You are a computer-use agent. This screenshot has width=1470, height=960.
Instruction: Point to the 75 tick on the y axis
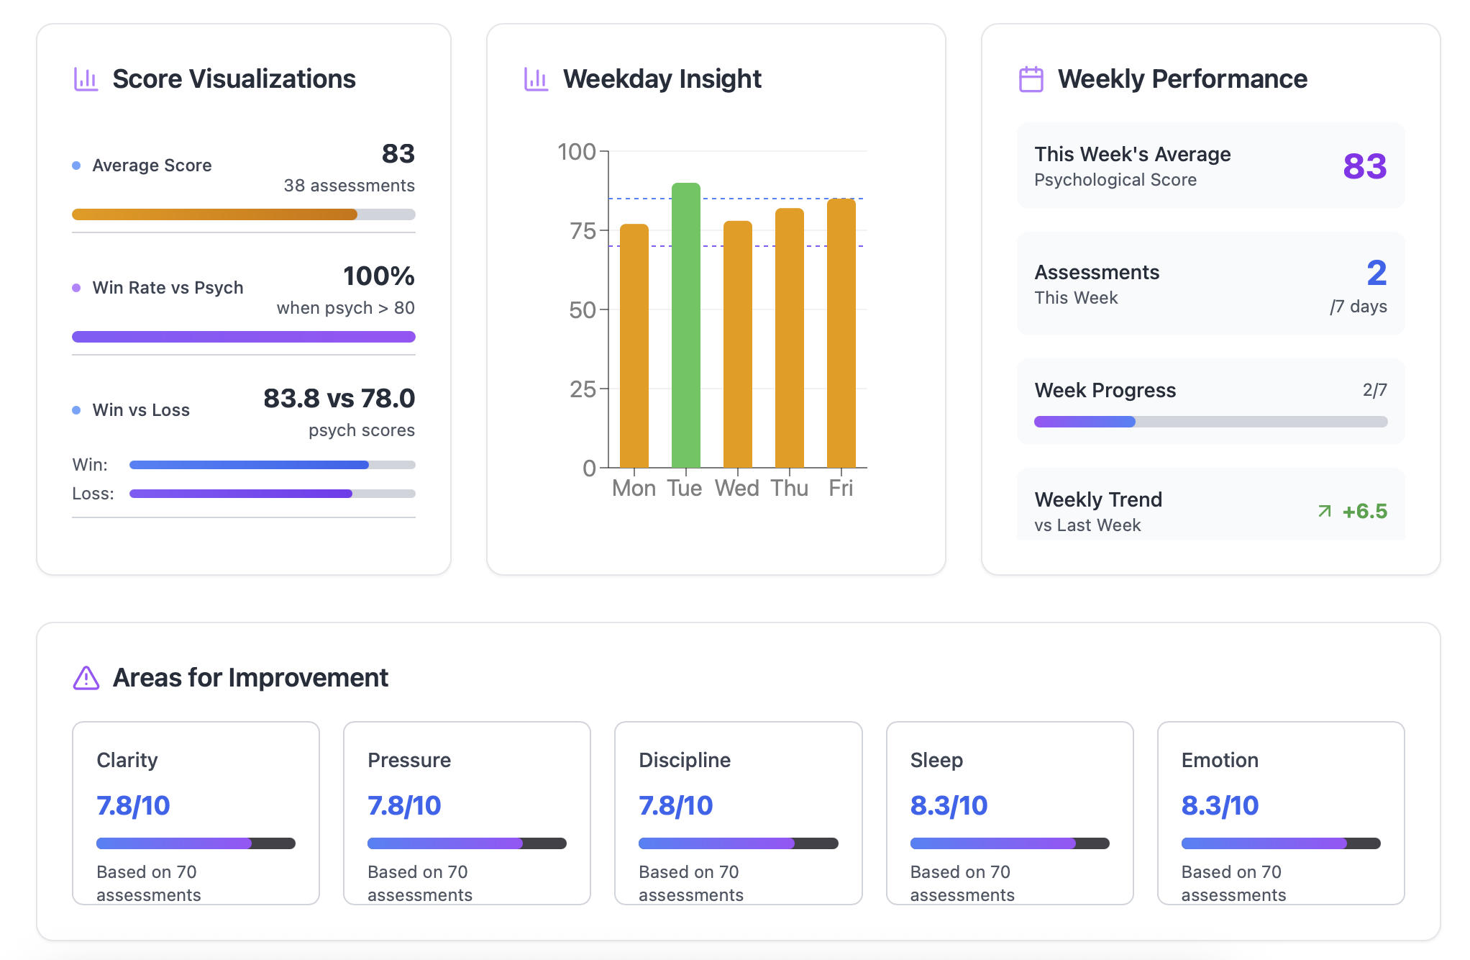(583, 231)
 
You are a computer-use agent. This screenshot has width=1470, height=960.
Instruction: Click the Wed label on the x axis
(736, 489)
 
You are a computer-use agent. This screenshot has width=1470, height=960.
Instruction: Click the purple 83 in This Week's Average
(1364, 166)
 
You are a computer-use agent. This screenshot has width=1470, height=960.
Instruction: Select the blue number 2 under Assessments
(1376, 273)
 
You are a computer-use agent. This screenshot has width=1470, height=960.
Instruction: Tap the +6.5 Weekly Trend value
(1364, 511)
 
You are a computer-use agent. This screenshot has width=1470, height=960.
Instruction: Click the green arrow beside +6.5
(1324, 511)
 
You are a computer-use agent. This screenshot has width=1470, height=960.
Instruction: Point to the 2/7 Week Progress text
(1374, 390)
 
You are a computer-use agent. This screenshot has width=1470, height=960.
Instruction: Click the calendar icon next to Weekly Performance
(1031, 79)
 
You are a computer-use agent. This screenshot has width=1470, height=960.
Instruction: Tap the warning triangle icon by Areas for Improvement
(86, 678)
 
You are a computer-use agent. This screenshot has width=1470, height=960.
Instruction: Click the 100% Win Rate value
(378, 276)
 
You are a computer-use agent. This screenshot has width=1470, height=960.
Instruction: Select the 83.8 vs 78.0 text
(339, 399)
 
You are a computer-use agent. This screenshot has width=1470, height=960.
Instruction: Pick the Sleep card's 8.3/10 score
(948, 806)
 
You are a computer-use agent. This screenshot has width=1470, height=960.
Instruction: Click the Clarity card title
(127, 760)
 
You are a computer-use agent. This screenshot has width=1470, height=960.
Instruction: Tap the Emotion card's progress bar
(1279, 843)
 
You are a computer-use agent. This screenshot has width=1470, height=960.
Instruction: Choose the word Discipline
(684, 760)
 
